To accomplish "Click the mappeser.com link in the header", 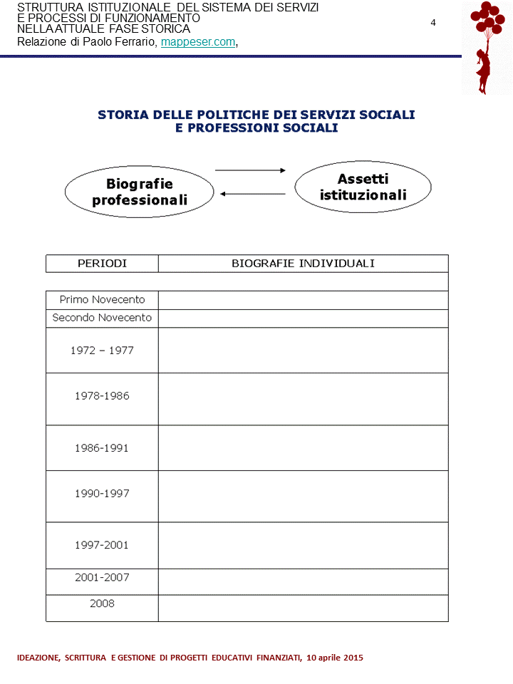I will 198,42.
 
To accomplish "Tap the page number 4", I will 433,23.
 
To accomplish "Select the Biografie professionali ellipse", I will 140,192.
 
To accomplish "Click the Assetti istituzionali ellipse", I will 363,187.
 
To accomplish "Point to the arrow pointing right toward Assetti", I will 250,170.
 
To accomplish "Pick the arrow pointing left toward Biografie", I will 252,194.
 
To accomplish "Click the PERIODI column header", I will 102,264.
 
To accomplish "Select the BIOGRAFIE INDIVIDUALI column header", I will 303,264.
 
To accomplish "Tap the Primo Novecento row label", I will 102,300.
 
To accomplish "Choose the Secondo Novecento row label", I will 102,318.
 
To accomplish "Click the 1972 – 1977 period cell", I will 102,351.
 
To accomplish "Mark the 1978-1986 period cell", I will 102,396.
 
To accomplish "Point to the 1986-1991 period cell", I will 102,448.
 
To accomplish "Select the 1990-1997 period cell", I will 102,493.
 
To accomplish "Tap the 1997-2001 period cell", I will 102,545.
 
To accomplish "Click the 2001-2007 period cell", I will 102,578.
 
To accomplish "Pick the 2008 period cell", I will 102,603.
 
